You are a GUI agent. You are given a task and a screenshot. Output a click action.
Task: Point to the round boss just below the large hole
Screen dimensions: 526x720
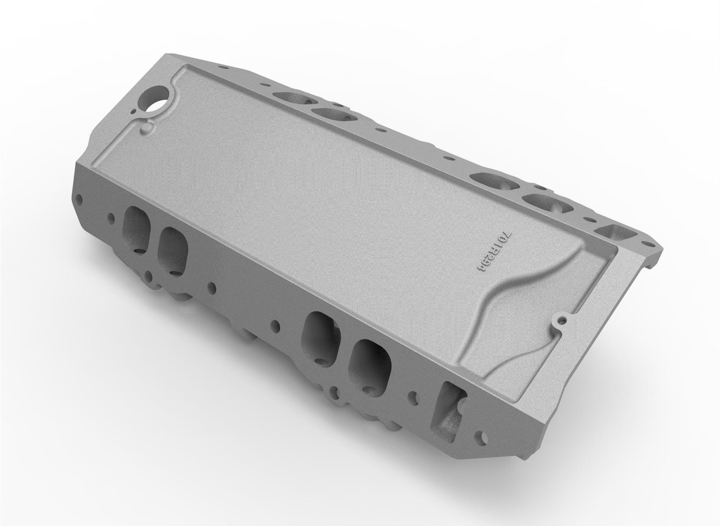tap(145, 129)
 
